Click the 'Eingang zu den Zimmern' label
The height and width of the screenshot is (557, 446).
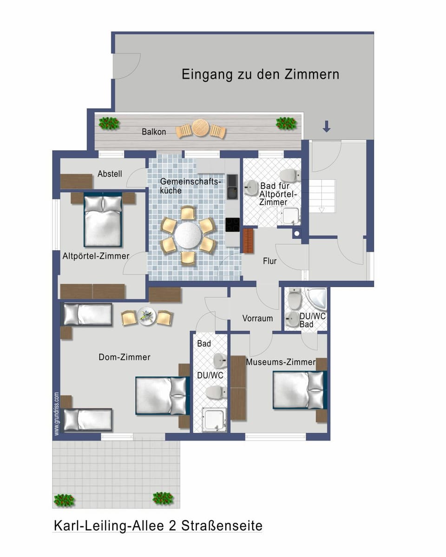coord(260,74)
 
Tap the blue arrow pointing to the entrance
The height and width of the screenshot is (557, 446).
coord(327,126)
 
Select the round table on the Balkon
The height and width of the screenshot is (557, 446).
coord(201,128)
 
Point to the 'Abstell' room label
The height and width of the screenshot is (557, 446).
coord(110,174)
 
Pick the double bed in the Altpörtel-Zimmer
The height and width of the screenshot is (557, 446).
coord(103,220)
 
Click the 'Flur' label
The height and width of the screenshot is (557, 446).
coord(269,261)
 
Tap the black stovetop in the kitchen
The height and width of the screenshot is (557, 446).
coord(233,225)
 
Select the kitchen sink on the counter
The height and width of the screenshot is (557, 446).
coord(232,191)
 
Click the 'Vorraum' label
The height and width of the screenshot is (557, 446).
coord(257,318)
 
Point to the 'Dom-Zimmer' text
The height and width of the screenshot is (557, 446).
coord(125,357)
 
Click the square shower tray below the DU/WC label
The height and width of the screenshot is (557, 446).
coord(214,418)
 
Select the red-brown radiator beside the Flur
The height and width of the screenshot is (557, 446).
coord(249,241)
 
